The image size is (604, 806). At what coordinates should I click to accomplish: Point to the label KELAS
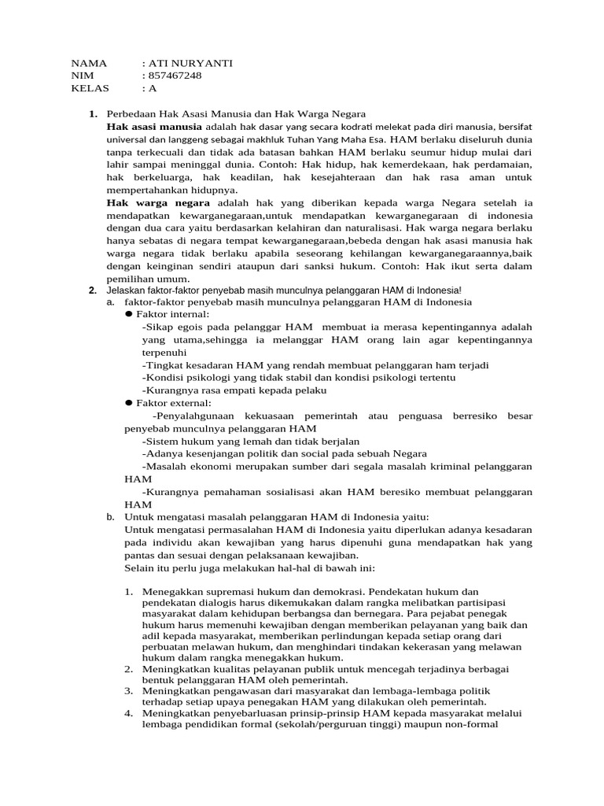[x=90, y=87]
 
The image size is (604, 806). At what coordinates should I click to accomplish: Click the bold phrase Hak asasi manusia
[x=155, y=126]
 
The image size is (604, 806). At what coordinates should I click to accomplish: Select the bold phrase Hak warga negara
[x=153, y=202]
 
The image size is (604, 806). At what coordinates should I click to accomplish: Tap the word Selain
[x=142, y=568]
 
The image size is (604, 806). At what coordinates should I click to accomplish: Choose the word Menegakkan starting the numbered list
[x=170, y=592]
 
